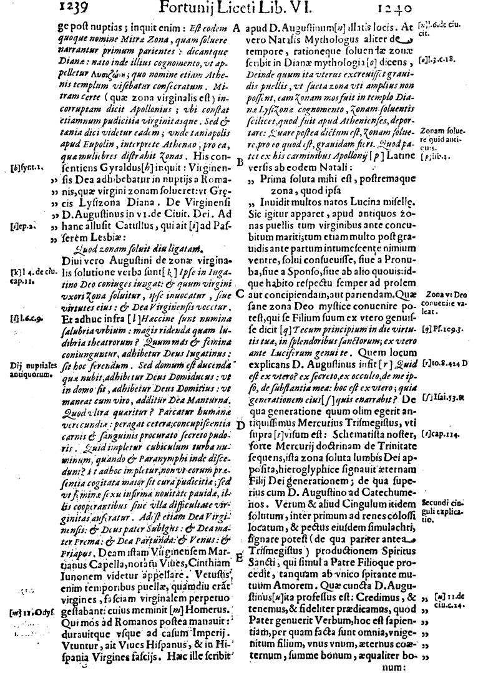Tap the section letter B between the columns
tap(240, 162)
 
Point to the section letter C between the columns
tap(240, 294)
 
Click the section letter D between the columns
tap(240, 426)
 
